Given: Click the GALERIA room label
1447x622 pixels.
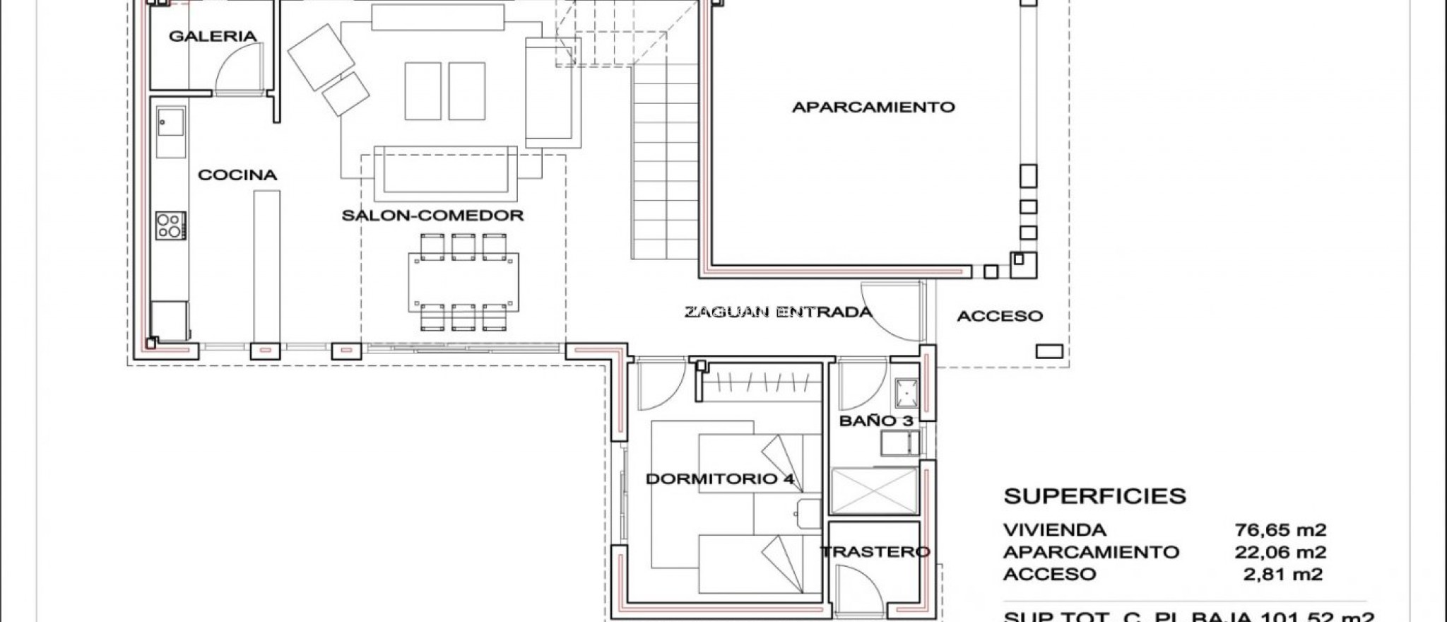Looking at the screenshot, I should [x=212, y=36].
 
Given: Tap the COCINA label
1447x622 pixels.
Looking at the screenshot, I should [x=237, y=175].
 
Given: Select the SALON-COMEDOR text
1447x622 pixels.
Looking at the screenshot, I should [x=432, y=216].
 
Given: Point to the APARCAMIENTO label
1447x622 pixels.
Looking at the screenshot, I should [x=873, y=107].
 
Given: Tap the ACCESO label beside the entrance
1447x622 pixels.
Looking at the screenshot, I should [x=1000, y=317].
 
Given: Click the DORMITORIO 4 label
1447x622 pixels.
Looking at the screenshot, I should [x=720, y=479].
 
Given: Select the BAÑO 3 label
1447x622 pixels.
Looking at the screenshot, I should [x=876, y=421].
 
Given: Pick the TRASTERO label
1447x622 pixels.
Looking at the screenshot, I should [x=875, y=552].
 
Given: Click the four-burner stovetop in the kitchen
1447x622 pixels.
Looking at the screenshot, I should [x=170, y=226].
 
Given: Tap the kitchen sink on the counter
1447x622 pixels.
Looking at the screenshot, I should [x=170, y=131].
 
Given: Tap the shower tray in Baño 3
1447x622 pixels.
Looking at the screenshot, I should [x=874, y=491].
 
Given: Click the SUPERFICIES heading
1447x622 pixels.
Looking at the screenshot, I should [x=1094, y=496].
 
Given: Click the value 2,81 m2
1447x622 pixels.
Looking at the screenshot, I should [x=1282, y=574].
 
